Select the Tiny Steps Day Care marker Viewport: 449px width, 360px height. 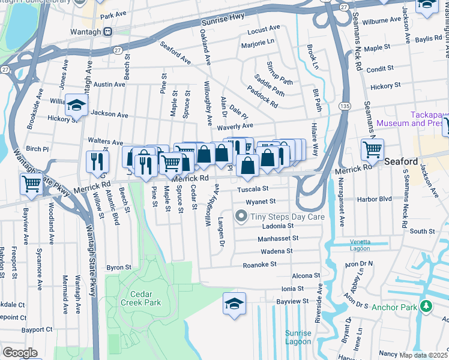click(x=241, y=215)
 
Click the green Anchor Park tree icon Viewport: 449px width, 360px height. click(x=426, y=307)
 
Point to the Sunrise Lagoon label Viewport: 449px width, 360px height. click(x=298, y=337)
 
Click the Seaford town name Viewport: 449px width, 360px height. click(x=401, y=161)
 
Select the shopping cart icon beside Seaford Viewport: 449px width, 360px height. click(x=372, y=149)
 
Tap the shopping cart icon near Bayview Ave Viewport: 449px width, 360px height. click(x=31, y=184)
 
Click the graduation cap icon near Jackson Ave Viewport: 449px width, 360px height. click(x=76, y=105)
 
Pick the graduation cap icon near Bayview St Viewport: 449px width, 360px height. click(x=234, y=303)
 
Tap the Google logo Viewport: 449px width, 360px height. click(x=20, y=353)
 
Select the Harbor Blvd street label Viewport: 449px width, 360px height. click(x=375, y=199)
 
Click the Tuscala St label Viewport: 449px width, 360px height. click(x=252, y=189)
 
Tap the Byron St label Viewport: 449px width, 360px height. click(x=118, y=267)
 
